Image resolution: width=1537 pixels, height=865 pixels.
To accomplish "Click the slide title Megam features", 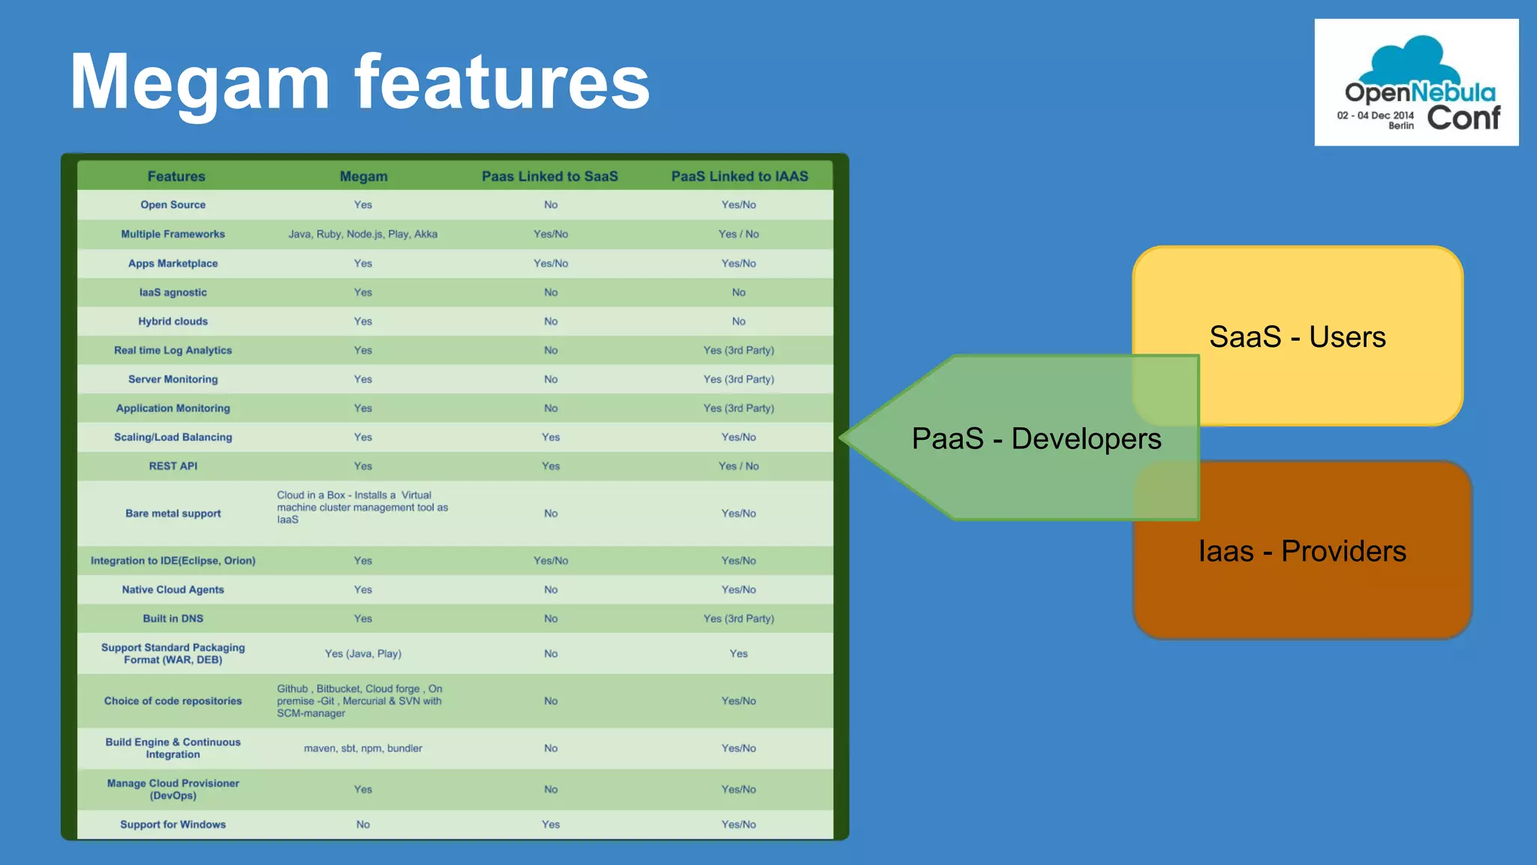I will pyautogui.click(x=359, y=83).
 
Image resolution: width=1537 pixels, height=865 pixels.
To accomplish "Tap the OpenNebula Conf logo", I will pyautogui.click(x=1416, y=83).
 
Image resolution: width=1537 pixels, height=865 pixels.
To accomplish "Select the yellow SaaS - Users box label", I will pyautogui.click(x=1297, y=337).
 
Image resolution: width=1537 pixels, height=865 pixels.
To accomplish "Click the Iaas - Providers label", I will pyautogui.click(x=1301, y=551).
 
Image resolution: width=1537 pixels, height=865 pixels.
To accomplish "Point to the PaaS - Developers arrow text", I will pyautogui.click(x=1036, y=439).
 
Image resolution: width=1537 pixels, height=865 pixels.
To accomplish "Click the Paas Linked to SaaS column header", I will pyautogui.click(x=549, y=176).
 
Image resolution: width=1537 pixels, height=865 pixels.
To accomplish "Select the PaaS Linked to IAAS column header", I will pyautogui.click(x=739, y=176).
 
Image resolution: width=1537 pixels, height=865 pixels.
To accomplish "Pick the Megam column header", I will pyautogui.click(x=363, y=176).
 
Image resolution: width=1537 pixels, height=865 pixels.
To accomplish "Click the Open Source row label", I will pyautogui.click(x=173, y=205).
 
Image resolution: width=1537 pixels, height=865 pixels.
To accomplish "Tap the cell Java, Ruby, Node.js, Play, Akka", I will pyautogui.click(x=362, y=234).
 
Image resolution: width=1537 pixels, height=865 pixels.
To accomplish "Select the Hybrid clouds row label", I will pyautogui.click(x=173, y=321).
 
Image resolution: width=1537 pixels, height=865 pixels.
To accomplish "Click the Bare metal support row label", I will pyautogui.click(x=173, y=514).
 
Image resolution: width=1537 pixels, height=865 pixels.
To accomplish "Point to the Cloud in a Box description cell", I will pyautogui.click(x=362, y=508).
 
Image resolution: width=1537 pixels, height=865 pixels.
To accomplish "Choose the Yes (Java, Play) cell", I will pyautogui.click(x=362, y=654).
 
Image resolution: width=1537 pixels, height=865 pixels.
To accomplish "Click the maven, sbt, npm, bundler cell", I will pyautogui.click(x=362, y=749).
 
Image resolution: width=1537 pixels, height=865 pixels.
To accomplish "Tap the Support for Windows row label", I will pyautogui.click(x=173, y=824).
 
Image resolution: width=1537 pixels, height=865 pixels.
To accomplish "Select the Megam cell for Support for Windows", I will pyautogui.click(x=362, y=824).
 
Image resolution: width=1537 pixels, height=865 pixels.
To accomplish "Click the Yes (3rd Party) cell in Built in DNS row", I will pyautogui.click(x=738, y=619).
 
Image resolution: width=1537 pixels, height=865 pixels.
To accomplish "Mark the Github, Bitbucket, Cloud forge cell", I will pyautogui.click(x=359, y=701).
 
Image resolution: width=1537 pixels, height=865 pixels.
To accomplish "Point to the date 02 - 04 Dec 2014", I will pyautogui.click(x=1375, y=116).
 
